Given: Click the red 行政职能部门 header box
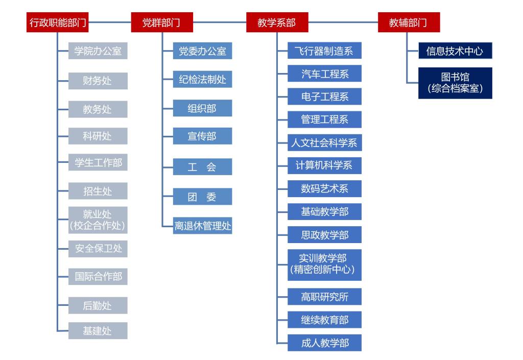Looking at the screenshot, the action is coord(57,22).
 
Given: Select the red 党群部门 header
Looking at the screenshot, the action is coord(162,22).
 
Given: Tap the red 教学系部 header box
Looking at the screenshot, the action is coord(277,22).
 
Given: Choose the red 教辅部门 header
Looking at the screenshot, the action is coord(409,22).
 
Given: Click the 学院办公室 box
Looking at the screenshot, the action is coord(98,51).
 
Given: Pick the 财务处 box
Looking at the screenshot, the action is coord(98,81).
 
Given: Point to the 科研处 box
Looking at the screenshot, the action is coord(98,136).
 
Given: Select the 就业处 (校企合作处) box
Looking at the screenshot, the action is coord(98,220).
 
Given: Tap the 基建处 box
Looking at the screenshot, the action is coord(98,331).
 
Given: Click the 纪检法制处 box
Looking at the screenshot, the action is coord(202,79).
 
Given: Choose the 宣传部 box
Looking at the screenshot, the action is coord(202,136).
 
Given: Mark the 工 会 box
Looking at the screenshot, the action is coord(202,166).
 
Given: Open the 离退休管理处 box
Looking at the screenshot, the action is coord(202,226).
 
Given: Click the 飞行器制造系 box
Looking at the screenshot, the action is coord(324,51).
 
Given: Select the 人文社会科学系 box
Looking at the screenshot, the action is coord(324,142).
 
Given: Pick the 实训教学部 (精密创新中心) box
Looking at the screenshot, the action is coord(324,265).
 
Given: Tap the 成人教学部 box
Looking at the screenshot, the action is coord(324,343).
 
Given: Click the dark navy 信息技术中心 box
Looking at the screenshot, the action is coord(455,51).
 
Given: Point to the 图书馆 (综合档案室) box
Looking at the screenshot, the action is coord(455,83).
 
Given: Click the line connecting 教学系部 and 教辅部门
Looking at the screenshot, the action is coord(343,22).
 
